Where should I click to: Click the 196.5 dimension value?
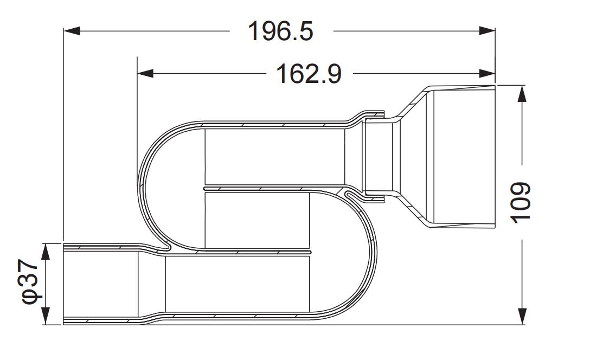[280, 31]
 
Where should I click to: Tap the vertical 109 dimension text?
[521, 202]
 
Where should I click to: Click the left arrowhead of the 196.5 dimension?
[72, 31]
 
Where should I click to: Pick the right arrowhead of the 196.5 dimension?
[487, 31]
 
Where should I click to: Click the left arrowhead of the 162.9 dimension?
[145, 73]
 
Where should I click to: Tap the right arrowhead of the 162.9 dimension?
[487, 73]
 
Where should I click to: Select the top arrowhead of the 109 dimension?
[522, 94]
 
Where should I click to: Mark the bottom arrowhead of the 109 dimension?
[522, 316]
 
